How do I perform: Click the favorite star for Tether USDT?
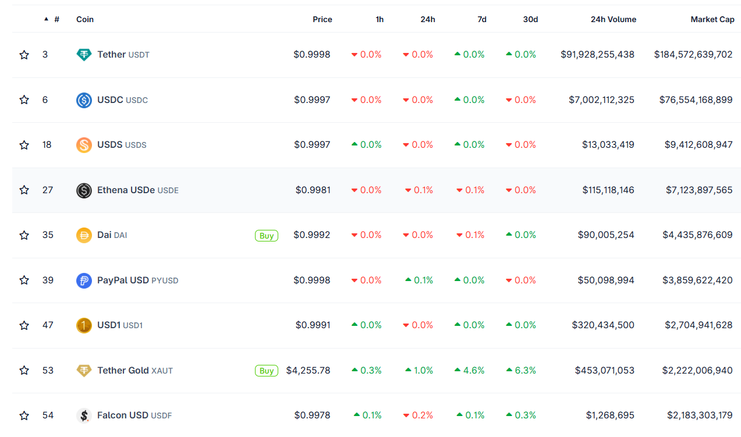(x=24, y=55)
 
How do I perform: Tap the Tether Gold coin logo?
(x=84, y=371)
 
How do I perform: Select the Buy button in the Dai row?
(x=266, y=236)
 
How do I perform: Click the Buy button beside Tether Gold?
(x=266, y=371)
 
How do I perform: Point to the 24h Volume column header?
(x=613, y=19)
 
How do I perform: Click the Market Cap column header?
(x=712, y=19)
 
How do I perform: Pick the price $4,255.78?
(x=308, y=371)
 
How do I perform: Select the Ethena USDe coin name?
(x=126, y=190)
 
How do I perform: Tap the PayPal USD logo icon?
(x=84, y=280)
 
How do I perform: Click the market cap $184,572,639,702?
(x=693, y=55)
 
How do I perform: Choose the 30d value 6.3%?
(x=525, y=371)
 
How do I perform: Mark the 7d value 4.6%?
(x=473, y=371)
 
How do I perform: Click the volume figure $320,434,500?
(x=603, y=325)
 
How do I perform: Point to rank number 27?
(x=48, y=190)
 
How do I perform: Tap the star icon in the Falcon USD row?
(x=24, y=415)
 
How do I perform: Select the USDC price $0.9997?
(x=312, y=100)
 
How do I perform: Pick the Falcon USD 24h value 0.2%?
(x=422, y=415)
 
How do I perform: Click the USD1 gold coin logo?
(x=84, y=325)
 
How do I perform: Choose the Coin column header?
(x=85, y=19)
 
